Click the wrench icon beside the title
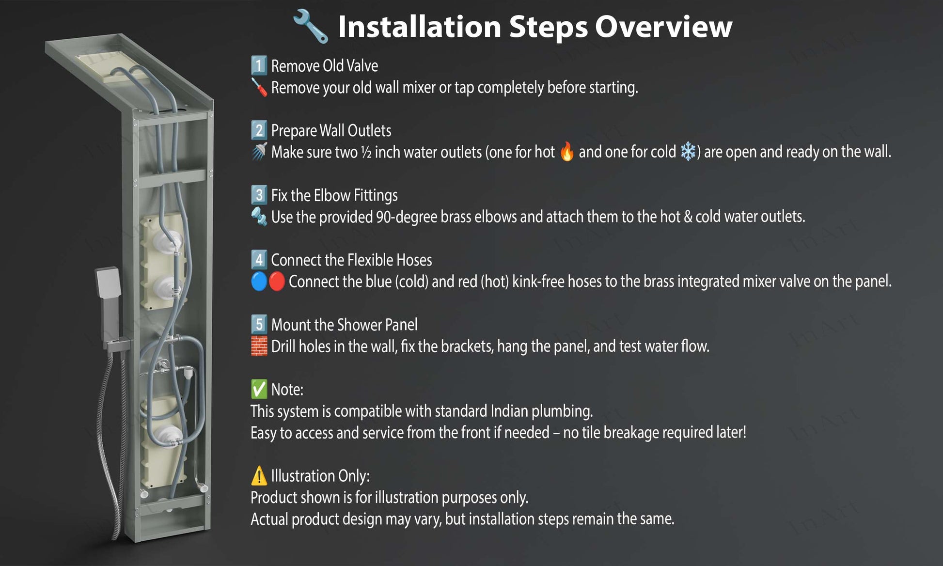311,26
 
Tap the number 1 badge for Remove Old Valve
259,65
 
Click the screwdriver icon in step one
259,88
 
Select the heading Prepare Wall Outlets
331,130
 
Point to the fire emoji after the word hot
566,152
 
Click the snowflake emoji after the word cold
688,152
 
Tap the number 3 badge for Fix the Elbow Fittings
259,195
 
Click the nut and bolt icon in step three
259,217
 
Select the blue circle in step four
259,282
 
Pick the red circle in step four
277,282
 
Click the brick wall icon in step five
259,346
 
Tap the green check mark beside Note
259,389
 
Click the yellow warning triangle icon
259,476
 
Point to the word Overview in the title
663,26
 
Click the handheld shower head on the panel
108,283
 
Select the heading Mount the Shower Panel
344,325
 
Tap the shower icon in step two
259,152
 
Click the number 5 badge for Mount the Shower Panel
259,324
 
